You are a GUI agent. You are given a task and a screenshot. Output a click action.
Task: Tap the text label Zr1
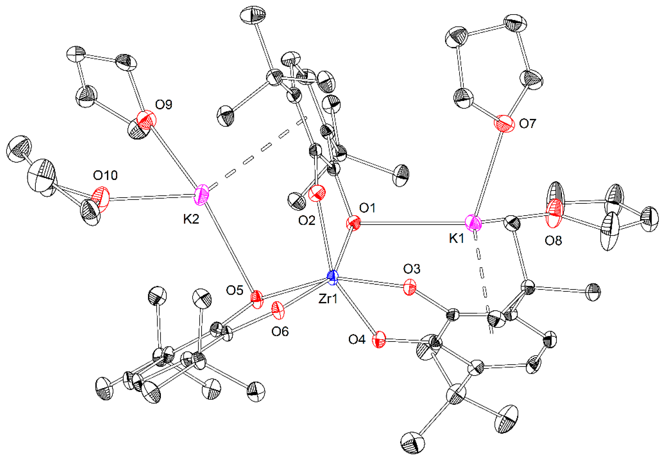click(x=328, y=299)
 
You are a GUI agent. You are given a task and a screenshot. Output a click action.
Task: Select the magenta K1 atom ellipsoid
click(x=473, y=223)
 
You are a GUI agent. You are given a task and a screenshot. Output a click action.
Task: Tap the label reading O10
click(x=105, y=175)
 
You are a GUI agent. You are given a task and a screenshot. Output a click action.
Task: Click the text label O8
click(x=553, y=240)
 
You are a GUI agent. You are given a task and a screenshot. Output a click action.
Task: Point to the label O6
click(x=280, y=331)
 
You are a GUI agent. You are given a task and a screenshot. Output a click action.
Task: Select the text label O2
click(x=307, y=221)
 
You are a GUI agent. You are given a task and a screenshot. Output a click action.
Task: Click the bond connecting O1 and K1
click(x=412, y=223)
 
